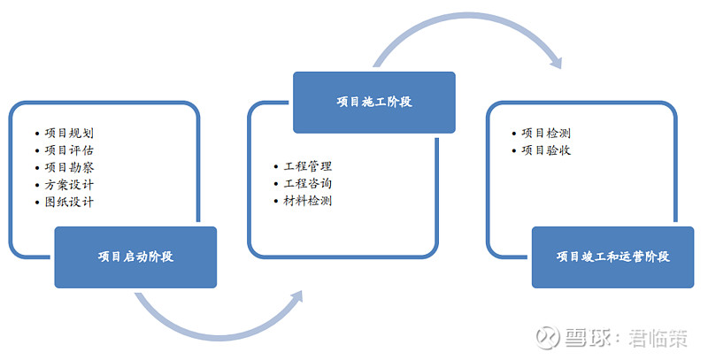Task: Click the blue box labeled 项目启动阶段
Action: pyautogui.click(x=135, y=257)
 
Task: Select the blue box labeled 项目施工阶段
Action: pyautogui.click(x=374, y=103)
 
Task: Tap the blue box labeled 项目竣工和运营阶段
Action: pyautogui.click(x=612, y=257)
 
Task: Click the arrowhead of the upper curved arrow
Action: pyautogui.click(x=557, y=62)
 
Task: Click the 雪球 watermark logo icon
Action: pyautogui.click(x=547, y=337)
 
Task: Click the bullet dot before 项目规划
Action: pyautogui.click(x=37, y=134)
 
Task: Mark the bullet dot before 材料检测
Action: pyautogui.click(x=276, y=201)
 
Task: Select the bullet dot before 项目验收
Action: pyautogui.click(x=514, y=150)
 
